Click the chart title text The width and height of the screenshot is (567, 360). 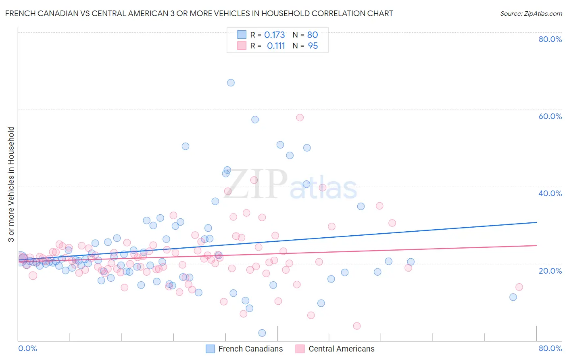199,13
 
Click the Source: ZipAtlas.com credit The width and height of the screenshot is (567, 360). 531,13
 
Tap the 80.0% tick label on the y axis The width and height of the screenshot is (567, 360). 550,39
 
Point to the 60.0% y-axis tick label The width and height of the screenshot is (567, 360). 550,116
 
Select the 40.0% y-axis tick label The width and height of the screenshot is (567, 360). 550,193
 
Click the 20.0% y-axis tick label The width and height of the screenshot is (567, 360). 550,270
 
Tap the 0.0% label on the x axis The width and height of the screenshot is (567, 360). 27,348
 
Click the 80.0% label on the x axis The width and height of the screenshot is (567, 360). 550,348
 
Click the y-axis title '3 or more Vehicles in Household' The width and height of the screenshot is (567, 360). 11,184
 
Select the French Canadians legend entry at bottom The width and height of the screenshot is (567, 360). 244,349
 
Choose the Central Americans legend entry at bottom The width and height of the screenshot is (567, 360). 335,349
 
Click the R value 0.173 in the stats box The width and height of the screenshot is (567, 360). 274,35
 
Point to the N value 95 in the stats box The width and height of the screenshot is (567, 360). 313,46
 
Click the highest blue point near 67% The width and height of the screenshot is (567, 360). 231,83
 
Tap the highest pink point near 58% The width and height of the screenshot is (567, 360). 300,117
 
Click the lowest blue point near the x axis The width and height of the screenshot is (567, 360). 262,333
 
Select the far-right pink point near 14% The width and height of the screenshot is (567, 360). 519,287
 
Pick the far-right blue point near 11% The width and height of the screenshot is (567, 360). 513,297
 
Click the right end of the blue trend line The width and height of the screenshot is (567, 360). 536,222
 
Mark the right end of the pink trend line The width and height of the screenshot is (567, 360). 536,245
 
